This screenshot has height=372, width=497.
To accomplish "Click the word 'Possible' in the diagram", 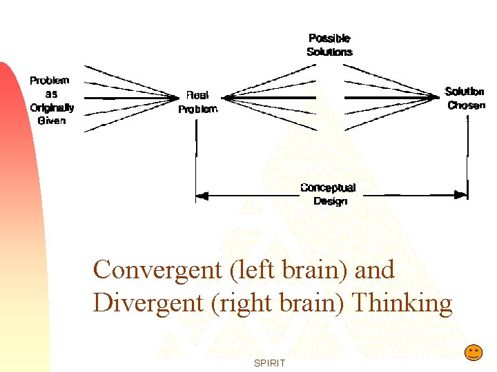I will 329,39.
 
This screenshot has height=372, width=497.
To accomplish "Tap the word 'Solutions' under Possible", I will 329,52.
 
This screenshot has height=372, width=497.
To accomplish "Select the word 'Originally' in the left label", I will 52,107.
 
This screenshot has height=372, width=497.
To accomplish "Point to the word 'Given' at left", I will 52,121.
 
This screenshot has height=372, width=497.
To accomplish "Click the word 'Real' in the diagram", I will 197,96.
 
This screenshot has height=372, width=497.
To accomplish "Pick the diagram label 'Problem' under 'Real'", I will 198,109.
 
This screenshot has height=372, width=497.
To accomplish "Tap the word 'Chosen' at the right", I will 467,105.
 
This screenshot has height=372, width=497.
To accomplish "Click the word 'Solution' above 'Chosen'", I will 465,92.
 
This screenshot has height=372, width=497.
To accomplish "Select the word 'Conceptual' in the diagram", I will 328,188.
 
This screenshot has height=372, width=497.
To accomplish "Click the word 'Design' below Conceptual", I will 330,201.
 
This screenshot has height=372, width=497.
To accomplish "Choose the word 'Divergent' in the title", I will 145,302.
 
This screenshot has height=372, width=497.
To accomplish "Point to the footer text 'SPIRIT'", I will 269,362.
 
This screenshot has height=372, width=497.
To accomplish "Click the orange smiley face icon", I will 473,353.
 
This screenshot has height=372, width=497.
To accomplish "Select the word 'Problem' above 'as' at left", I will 50,81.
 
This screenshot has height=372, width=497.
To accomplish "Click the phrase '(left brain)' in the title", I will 291,269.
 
